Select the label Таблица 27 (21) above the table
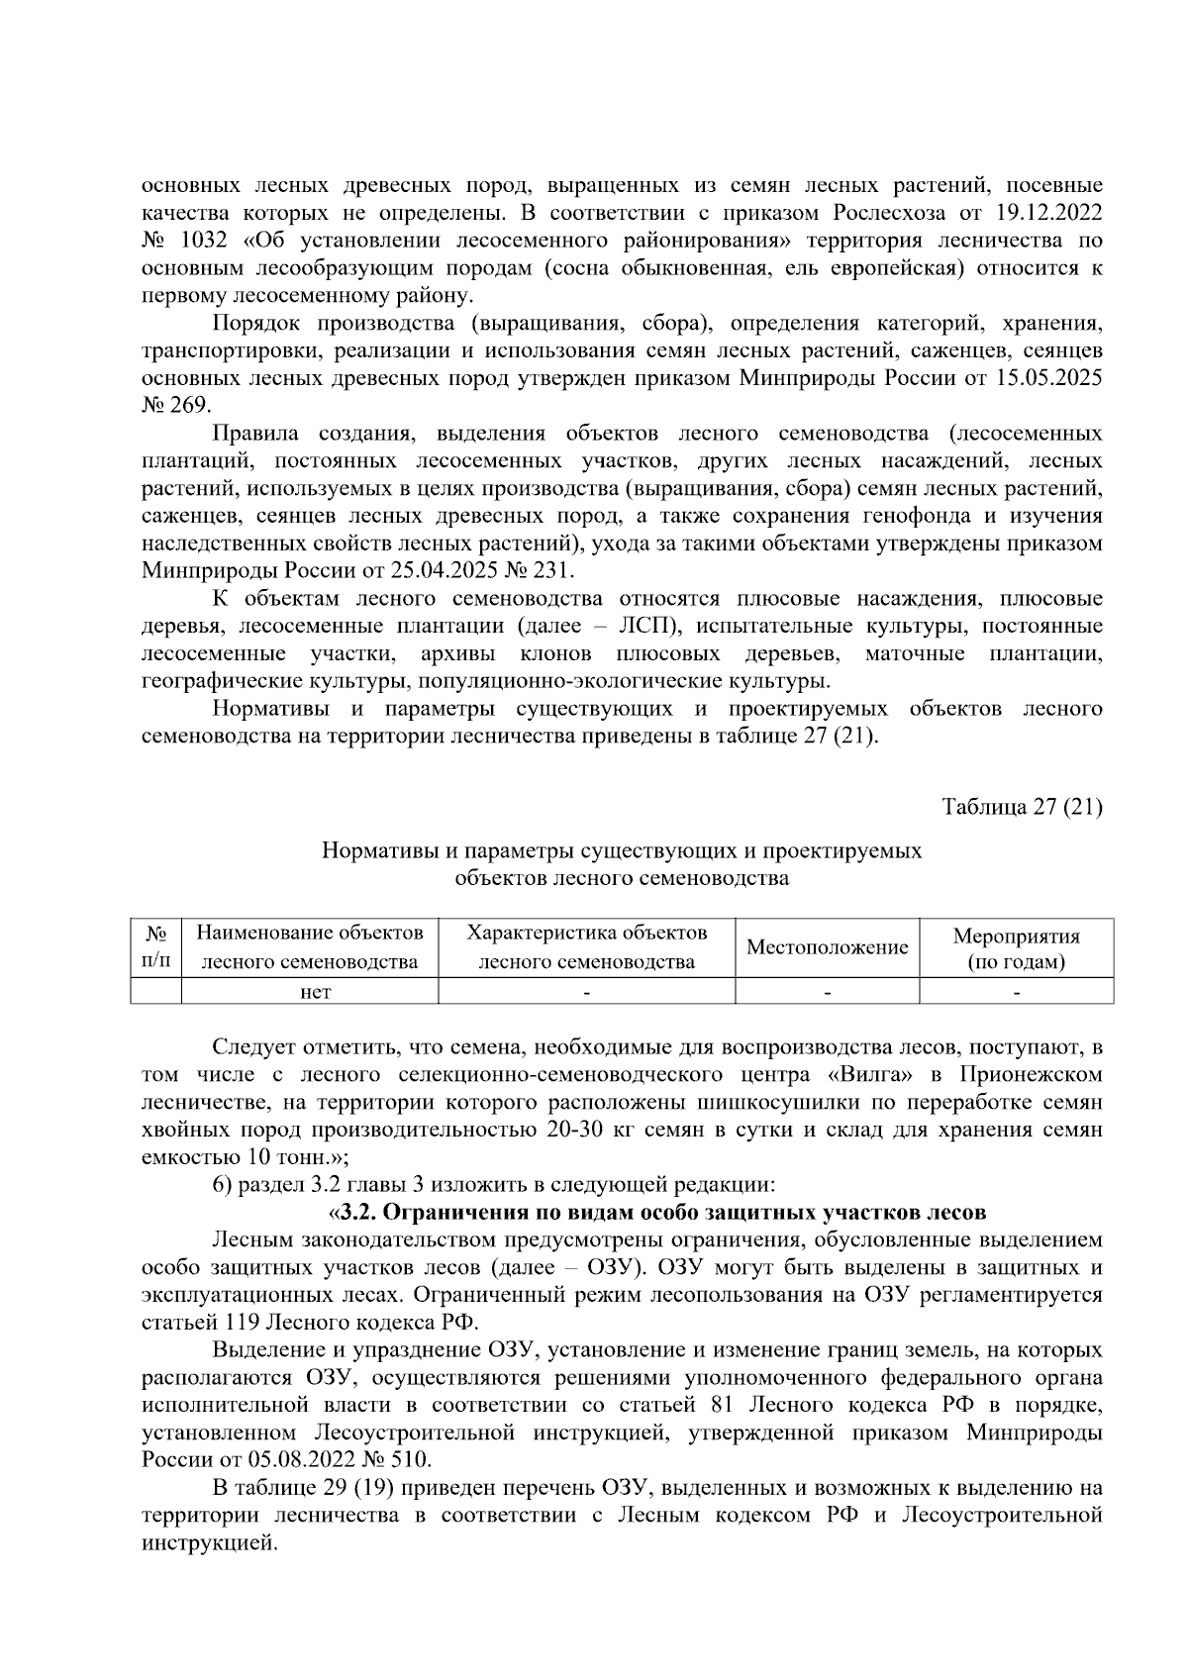coord(1022,807)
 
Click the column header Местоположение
coord(827,947)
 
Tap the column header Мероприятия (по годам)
coord(1016,948)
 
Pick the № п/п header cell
coord(155,947)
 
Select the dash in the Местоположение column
coord(827,991)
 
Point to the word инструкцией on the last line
coord(207,1543)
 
